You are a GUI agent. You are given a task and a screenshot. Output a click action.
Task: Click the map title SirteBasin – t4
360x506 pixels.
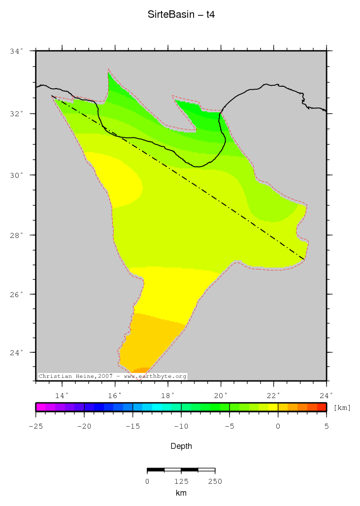(181, 15)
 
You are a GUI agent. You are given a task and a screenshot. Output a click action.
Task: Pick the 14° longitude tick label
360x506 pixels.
(62, 395)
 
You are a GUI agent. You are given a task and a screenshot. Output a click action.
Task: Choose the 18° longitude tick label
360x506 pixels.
(167, 395)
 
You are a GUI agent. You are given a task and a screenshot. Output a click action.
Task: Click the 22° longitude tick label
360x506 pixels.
(273, 395)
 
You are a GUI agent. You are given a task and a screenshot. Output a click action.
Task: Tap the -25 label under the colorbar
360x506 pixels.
(35, 427)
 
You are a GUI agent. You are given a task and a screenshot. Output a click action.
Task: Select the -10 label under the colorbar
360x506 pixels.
(181, 427)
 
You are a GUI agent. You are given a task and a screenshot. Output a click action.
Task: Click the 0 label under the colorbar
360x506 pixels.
(278, 427)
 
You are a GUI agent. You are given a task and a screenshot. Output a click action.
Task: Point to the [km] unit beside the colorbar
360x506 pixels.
(342, 407)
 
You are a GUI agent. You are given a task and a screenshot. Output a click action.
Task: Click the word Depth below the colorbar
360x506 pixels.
(181, 446)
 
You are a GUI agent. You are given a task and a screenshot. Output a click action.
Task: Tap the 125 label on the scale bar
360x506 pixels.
(181, 481)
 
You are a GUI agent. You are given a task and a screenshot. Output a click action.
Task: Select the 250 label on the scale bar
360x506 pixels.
(215, 481)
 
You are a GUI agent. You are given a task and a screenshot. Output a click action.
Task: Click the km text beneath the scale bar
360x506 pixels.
(181, 493)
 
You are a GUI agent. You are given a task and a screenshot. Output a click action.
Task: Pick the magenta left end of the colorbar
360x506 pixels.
(40, 407)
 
